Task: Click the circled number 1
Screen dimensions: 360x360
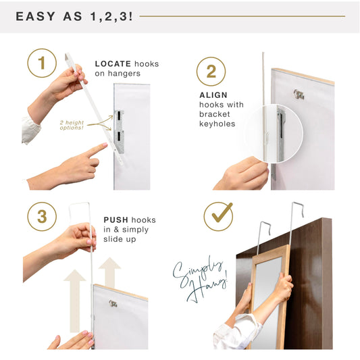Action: point(42,63)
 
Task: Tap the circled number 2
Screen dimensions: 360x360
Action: point(211,72)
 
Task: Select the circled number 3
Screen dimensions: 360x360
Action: point(42,217)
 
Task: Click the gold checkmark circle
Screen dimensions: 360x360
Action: point(218,217)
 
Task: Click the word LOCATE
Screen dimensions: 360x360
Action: point(113,63)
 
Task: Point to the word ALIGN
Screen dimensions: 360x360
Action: point(213,95)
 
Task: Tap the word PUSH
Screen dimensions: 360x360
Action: point(115,220)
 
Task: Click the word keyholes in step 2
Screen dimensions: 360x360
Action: point(217,124)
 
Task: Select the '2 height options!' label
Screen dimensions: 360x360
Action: point(72,125)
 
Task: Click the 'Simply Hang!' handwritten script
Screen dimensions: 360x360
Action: point(200,280)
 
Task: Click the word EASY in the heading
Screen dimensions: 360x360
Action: point(35,16)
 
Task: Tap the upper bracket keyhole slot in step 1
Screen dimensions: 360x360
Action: point(119,116)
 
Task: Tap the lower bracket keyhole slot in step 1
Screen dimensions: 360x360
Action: point(119,136)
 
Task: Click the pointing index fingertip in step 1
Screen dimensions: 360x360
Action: point(105,145)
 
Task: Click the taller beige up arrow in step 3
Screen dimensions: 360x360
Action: point(75,301)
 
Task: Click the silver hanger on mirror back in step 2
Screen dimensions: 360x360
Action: point(299,95)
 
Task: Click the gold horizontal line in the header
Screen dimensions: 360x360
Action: point(242,16)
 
